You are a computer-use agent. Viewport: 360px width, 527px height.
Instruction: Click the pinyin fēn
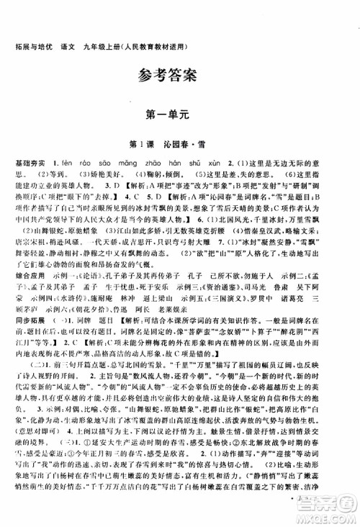pos(75,165)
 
